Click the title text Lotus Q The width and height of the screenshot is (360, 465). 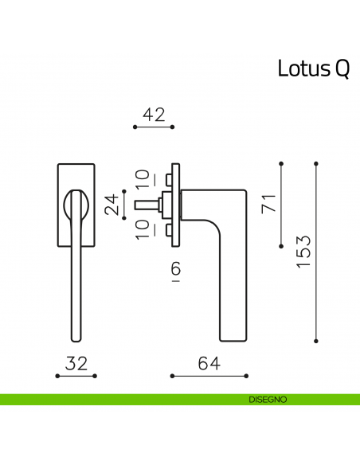click(313, 68)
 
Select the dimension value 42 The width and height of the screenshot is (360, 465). click(154, 115)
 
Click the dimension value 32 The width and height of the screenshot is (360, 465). click(76, 363)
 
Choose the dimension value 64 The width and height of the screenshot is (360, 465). click(209, 363)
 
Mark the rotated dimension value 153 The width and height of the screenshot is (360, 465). click(303, 252)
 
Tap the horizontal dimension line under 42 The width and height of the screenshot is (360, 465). click(154, 126)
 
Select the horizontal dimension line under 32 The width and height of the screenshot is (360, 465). click(76, 374)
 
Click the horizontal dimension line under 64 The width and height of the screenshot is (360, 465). click(209, 374)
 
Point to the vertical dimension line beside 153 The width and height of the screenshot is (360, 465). click(317, 252)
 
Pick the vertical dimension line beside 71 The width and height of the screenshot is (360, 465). click(281, 205)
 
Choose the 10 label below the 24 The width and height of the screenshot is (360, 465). click(141, 230)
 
